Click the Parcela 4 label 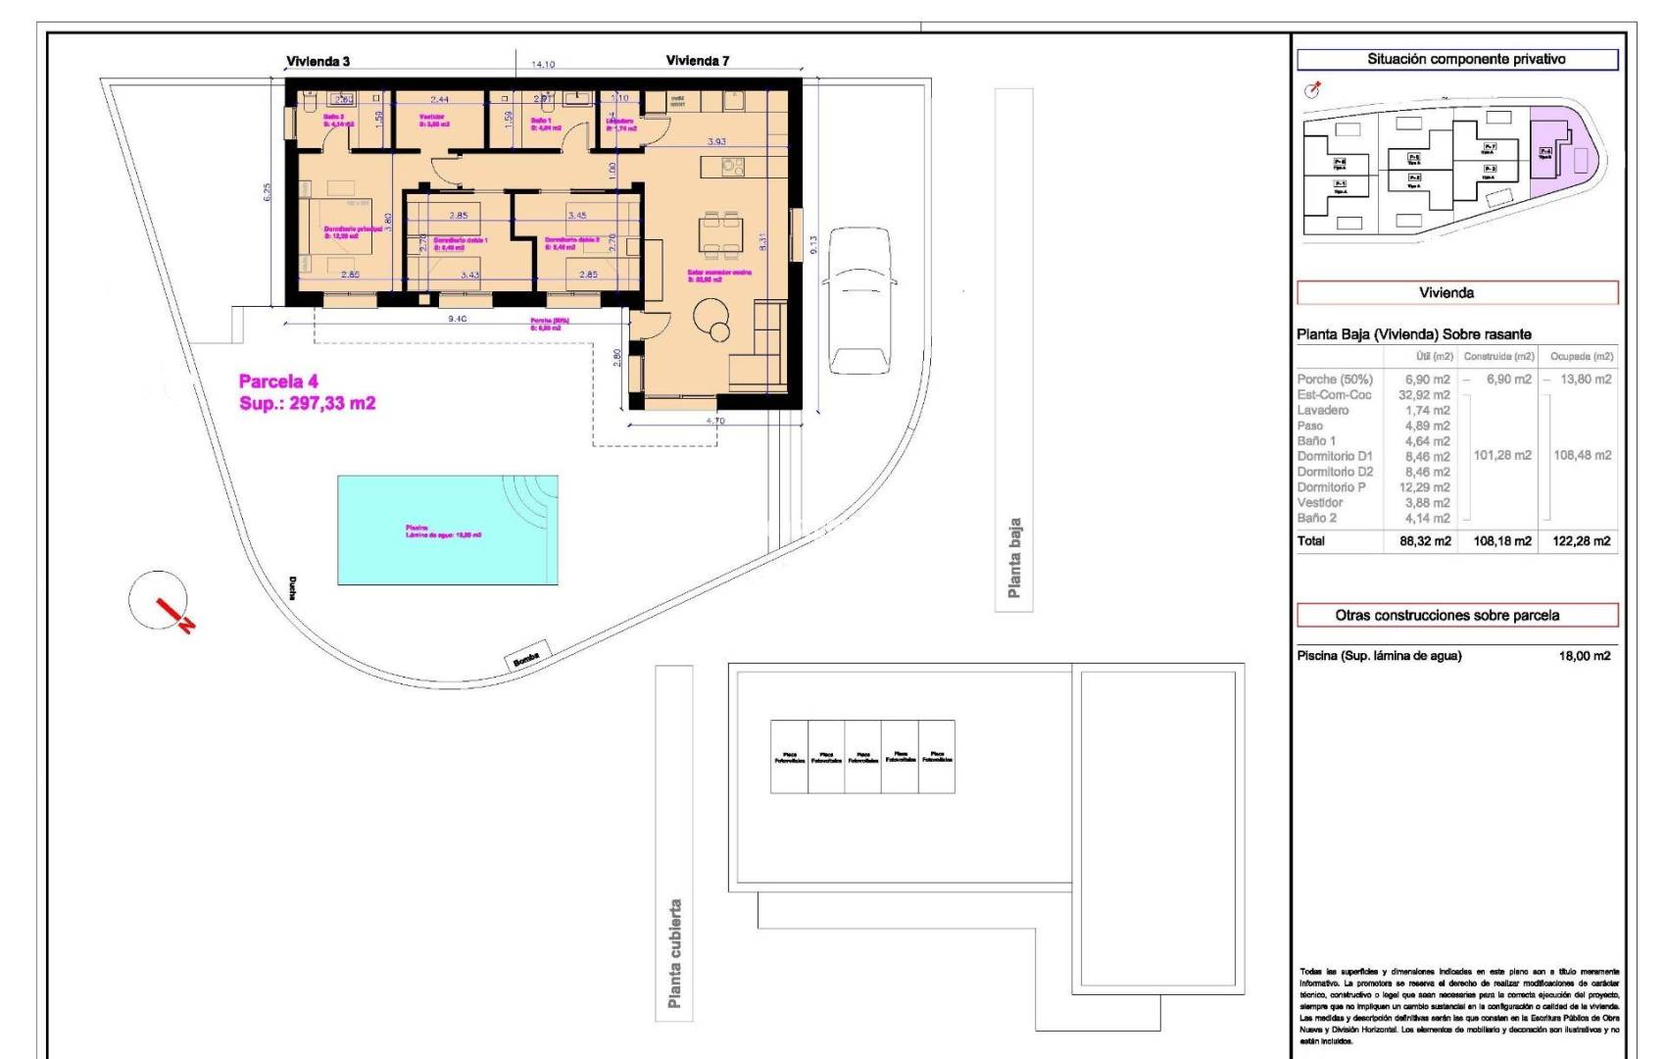click(x=278, y=381)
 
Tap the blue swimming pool click(x=448, y=530)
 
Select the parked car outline click(x=859, y=300)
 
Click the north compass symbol click(x=160, y=601)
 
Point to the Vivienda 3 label click(x=318, y=61)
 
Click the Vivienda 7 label click(x=698, y=61)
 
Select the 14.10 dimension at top click(x=543, y=65)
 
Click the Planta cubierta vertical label click(x=674, y=953)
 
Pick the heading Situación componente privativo click(x=1457, y=60)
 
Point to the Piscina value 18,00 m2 click(x=1584, y=656)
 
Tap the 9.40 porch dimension click(x=457, y=319)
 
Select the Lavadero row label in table click(x=1322, y=410)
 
